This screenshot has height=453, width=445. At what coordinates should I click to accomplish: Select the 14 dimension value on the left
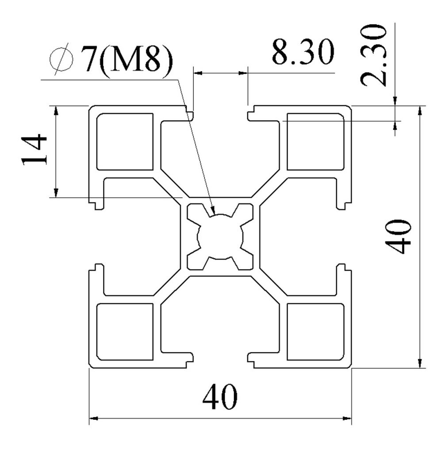point(35,149)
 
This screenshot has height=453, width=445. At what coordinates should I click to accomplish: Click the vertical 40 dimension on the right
point(398,236)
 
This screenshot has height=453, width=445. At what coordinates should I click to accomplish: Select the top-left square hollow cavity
point(125,142)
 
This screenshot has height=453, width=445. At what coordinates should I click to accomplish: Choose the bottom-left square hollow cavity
point(125,331)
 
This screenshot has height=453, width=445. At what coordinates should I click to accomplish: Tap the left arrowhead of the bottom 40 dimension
point(93,418)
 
